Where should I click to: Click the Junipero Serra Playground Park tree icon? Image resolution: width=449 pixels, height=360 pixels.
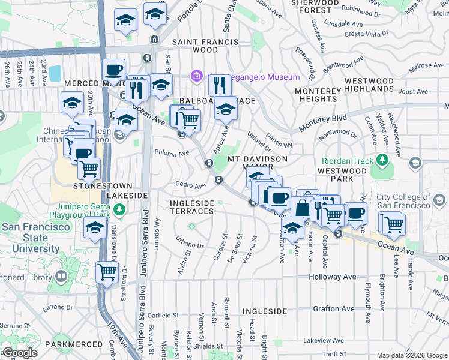click(x=120, y=209)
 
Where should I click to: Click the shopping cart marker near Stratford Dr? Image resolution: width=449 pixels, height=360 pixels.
click(x=107, y=271)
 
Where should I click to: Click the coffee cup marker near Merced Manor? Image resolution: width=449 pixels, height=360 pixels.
click(x=113, y=70)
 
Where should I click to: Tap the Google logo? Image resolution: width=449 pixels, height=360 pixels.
click(x=20, y=353)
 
